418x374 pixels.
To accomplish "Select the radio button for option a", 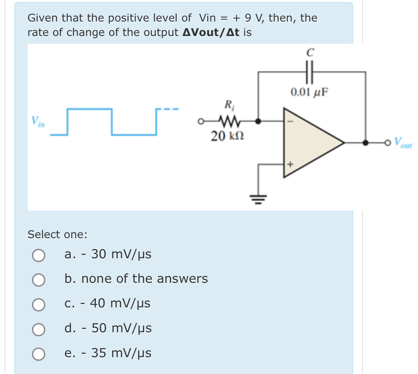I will coord(39,255).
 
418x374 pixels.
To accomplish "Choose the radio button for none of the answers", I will coord(39,280).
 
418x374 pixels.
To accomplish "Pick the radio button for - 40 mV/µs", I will coord(39,304).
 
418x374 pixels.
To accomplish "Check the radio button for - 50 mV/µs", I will coord(39,329).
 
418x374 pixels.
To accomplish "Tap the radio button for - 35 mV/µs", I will coord(39,354).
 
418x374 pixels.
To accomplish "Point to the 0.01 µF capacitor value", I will coord(309,92).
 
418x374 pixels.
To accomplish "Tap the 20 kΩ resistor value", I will coord(227,136).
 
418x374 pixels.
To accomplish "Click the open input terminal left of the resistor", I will coord(201,121).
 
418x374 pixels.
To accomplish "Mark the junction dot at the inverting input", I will coord(258,121).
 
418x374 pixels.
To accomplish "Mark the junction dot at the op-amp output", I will coord(365,143).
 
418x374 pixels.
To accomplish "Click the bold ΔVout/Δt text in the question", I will coord(211,32).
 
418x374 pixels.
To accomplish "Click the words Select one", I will coord(57,234).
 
